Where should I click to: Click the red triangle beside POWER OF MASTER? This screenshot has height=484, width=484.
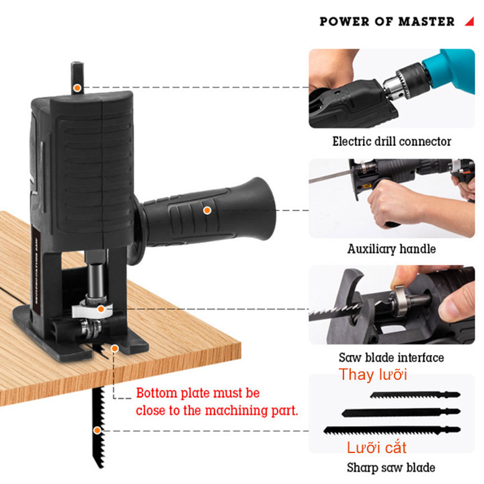point(471,22)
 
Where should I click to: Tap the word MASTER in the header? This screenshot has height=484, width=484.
point(426,22)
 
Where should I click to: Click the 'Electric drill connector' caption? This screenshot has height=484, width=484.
point(392,141)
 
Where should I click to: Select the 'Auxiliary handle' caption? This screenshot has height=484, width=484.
point(392,249)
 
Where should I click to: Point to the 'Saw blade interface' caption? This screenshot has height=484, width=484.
point(391,358)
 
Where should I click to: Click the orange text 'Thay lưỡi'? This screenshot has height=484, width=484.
point(373,374)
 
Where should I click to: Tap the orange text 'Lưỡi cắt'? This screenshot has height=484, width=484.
point(376,447)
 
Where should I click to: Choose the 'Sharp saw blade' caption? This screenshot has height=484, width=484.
point(391,468)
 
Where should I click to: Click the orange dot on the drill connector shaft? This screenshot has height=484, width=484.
point(77,88)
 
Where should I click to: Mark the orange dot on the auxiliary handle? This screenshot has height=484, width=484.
point(207,210)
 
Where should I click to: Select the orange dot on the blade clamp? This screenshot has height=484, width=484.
point(101,309)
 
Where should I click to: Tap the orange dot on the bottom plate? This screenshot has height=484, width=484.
point(115,348)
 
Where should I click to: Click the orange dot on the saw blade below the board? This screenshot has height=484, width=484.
point(97,430)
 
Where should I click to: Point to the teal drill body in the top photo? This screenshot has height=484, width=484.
point(450,70)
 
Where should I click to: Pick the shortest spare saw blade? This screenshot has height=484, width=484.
point(415,395)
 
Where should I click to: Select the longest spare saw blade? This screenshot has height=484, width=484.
point(392,430)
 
